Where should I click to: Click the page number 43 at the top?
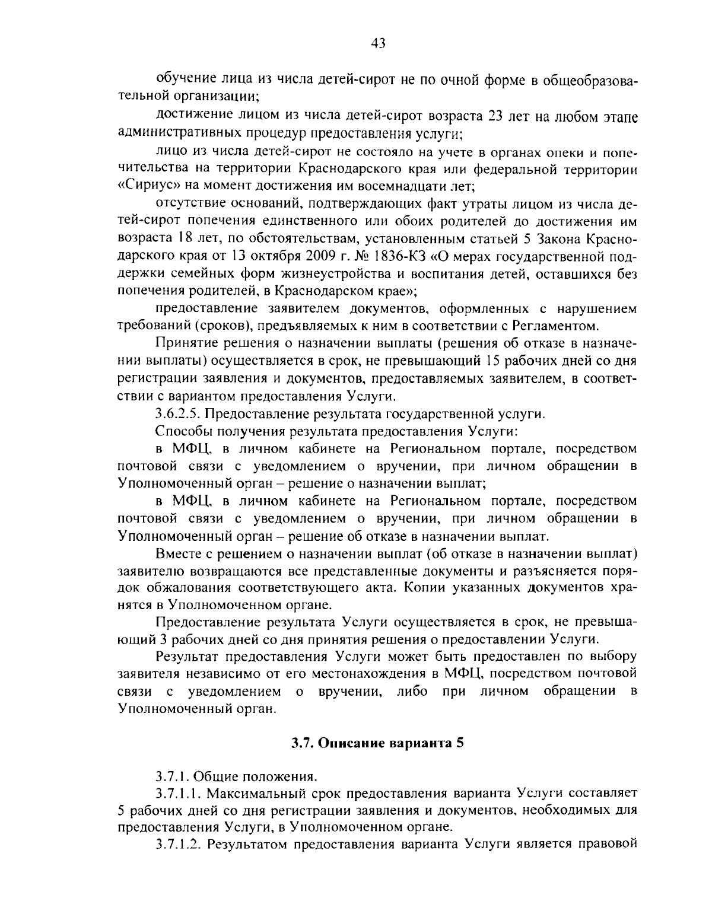coord(379,42)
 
